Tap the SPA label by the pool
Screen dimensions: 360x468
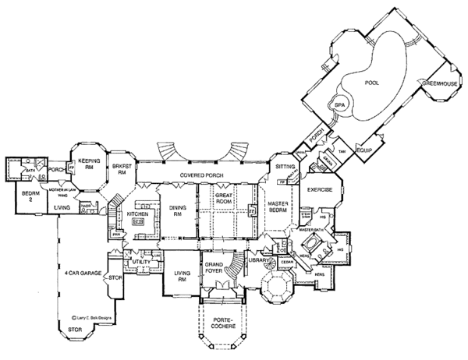(x=339, y=104)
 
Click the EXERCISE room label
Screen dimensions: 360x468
(x=320, y=189)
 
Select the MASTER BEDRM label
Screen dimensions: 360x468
(x=279, y=210)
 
